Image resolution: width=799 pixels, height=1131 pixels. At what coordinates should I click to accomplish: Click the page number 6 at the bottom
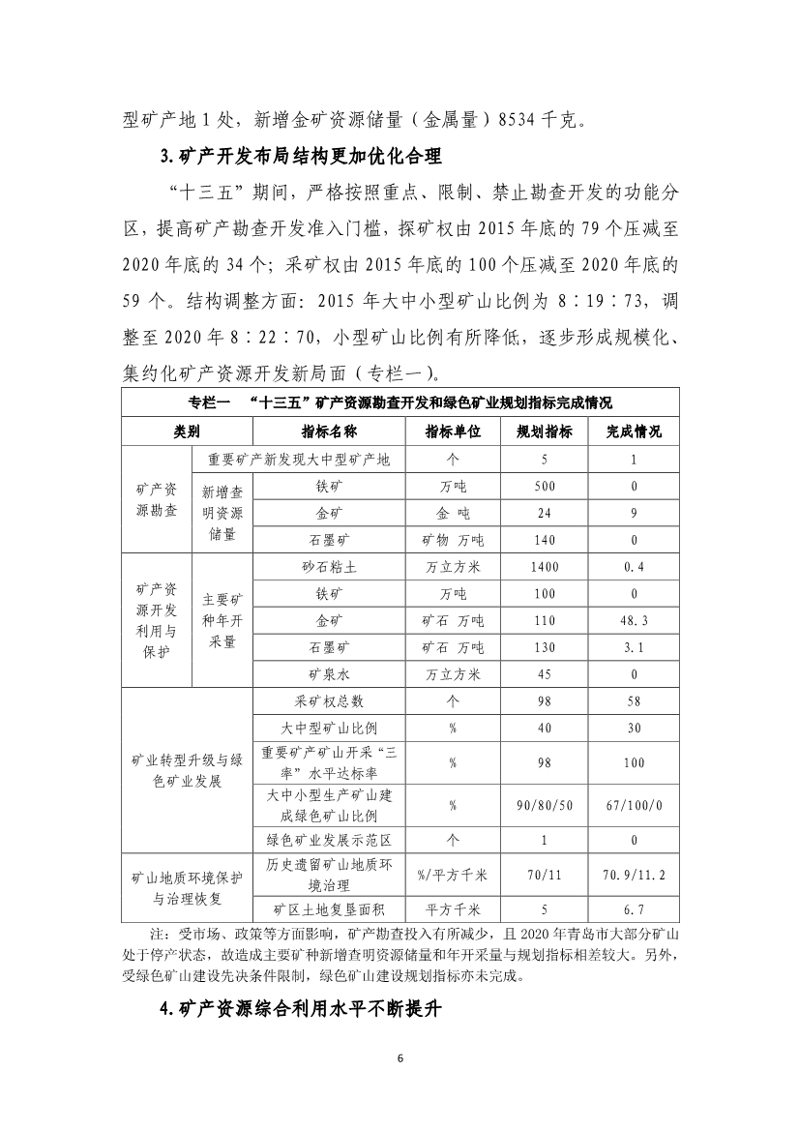399,1057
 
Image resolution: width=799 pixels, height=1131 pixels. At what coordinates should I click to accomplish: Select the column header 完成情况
634,432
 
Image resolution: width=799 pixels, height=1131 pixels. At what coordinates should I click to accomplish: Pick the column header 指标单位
453,432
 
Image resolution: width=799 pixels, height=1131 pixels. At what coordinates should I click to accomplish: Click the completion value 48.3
634,620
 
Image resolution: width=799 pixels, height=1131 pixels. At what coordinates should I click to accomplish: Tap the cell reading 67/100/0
634,805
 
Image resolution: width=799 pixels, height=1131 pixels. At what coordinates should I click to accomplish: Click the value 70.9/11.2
634,875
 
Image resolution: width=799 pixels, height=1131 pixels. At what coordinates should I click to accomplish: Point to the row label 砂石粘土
322,567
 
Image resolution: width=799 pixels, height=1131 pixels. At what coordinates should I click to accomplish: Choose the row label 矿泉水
322,673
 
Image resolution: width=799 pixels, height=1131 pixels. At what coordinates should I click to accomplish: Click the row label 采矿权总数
322,700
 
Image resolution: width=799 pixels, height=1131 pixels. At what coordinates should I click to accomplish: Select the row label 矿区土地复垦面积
322,909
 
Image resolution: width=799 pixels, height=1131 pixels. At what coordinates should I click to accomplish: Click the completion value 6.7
634,909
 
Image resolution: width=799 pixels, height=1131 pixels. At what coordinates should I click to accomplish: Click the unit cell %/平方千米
453,875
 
